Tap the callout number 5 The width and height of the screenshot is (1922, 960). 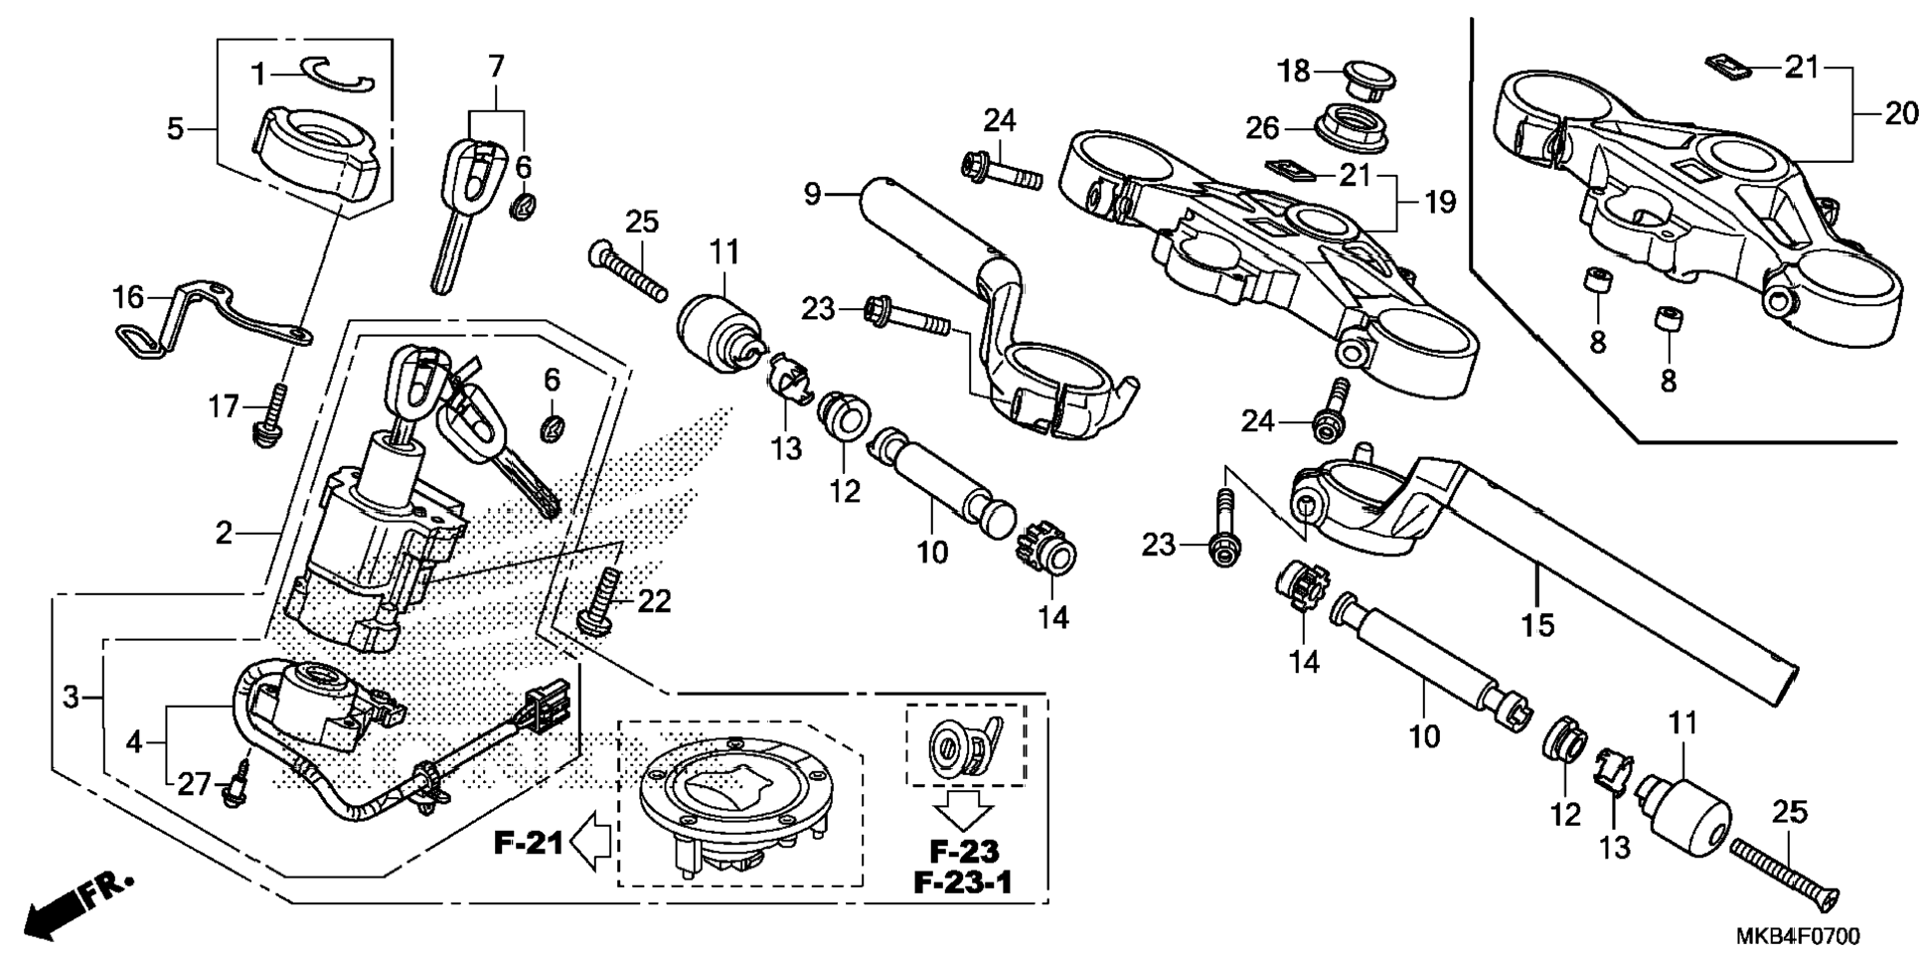(x=175, y=128)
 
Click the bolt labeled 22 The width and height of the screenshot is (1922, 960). (x=599, y=600)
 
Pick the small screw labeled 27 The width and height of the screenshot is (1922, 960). (x=238, y=785)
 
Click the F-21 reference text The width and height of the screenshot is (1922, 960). (x=528, y=844)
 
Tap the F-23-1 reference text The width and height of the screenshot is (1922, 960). (x=963, y=881)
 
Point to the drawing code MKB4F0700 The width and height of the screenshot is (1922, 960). (x=1798, y=936)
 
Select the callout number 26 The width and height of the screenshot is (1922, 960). (x=1263, y=128)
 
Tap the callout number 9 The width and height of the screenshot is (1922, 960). (x=813, y=194)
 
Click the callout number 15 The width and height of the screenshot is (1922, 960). (x=1537, y=625)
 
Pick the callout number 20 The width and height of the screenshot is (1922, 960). (x=1901, y=114)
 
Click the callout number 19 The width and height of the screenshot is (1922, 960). (x=1440, y=202)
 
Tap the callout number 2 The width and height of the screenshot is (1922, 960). (x=225, y=534)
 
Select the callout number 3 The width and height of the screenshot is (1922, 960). (x=71, y=697)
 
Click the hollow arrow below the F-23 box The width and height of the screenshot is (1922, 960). (x=964, y=808)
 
